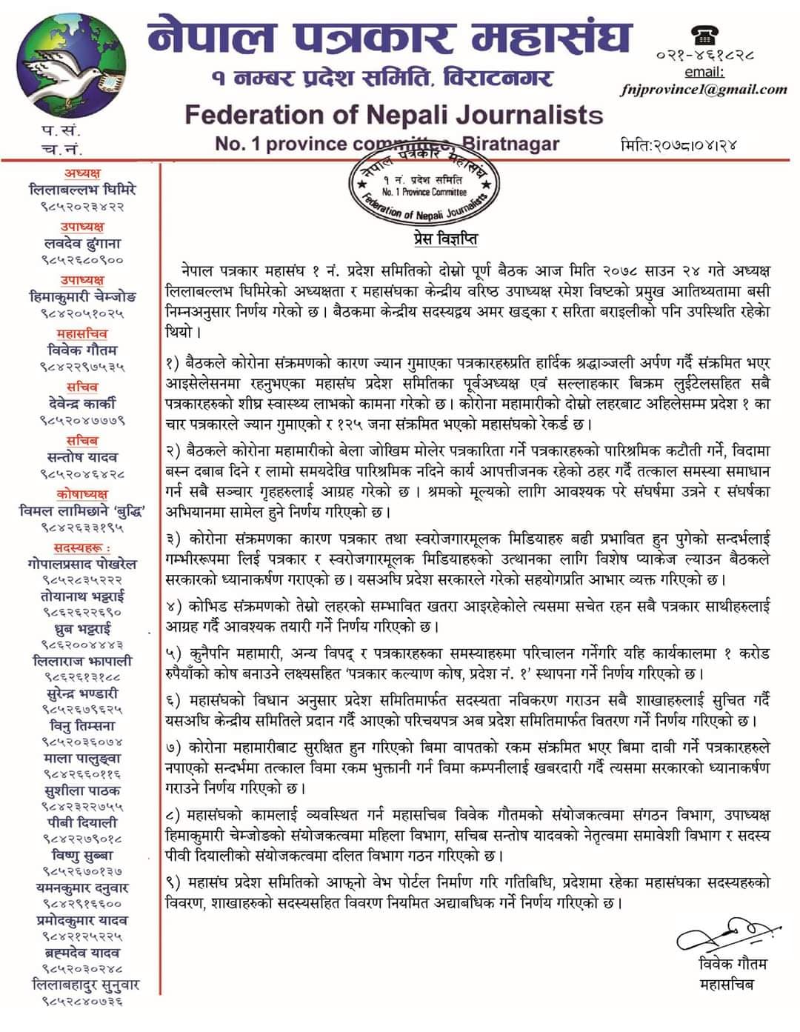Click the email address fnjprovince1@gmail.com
tap(704, 90)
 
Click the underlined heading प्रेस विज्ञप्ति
tap(445, 239)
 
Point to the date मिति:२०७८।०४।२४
tap(678, 145)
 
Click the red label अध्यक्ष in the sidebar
tap(82, 173)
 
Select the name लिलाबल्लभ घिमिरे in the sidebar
tap(82, 190)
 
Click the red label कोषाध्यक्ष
tap(82, 493)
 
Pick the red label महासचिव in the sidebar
tap(82, 333)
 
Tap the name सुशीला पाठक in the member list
tap(82, 791)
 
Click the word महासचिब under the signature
tap(727, 985)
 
